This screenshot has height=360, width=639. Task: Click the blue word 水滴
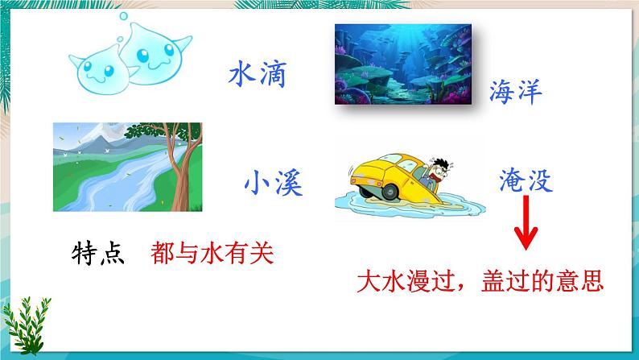point(258,74)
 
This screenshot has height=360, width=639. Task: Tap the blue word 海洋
point(516,91)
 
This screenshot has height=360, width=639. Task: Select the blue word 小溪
point(274,183)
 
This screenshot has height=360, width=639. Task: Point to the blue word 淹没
point(526,180)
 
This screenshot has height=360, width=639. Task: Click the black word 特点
point(98,253)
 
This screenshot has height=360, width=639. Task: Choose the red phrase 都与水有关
point(212,253)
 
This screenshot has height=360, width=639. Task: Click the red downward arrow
point(526,222)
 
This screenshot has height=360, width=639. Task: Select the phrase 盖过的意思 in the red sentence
point(542,281)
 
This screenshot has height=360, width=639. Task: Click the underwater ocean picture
point(403,64)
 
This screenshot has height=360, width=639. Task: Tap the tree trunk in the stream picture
point(183,172)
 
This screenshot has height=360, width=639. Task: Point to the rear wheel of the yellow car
point(390,192)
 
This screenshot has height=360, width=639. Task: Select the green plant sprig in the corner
point(27,325)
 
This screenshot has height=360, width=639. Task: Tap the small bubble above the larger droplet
point(123,16)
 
